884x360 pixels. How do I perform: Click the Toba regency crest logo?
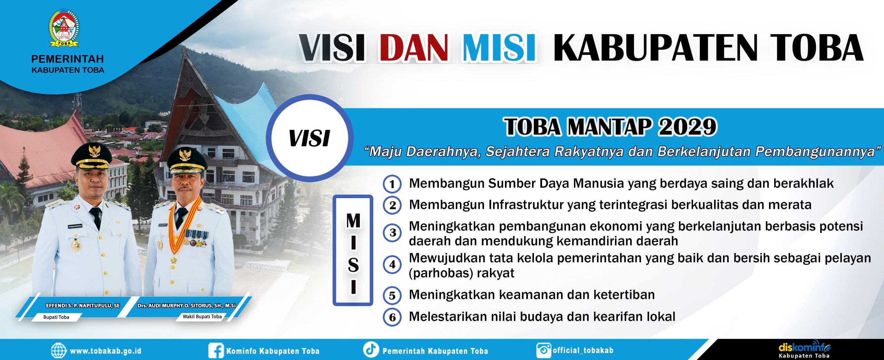(x=64, y=28)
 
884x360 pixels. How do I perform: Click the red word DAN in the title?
(x=416, y=48)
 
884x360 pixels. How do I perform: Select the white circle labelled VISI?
(x=310, y=138)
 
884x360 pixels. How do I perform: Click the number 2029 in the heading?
(x=687, y=127)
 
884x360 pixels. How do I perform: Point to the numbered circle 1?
(x=392, y=184)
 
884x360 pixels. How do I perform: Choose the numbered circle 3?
(x=392, y=233)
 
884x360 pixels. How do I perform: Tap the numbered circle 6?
(x=392, y=317)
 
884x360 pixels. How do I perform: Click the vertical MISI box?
(x=353, y=250)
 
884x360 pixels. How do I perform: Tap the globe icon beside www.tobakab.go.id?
(x=59, y=351)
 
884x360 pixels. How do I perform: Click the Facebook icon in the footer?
(x=216, y=351)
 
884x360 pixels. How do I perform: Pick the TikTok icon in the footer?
(x=371, y=349)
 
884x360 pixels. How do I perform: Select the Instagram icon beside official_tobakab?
(x=544, y=350)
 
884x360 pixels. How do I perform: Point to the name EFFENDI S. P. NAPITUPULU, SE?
(x=83, y=305)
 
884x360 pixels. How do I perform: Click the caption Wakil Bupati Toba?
(x=202, y=317)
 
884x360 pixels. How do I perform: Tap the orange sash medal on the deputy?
(x=174, y=260)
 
